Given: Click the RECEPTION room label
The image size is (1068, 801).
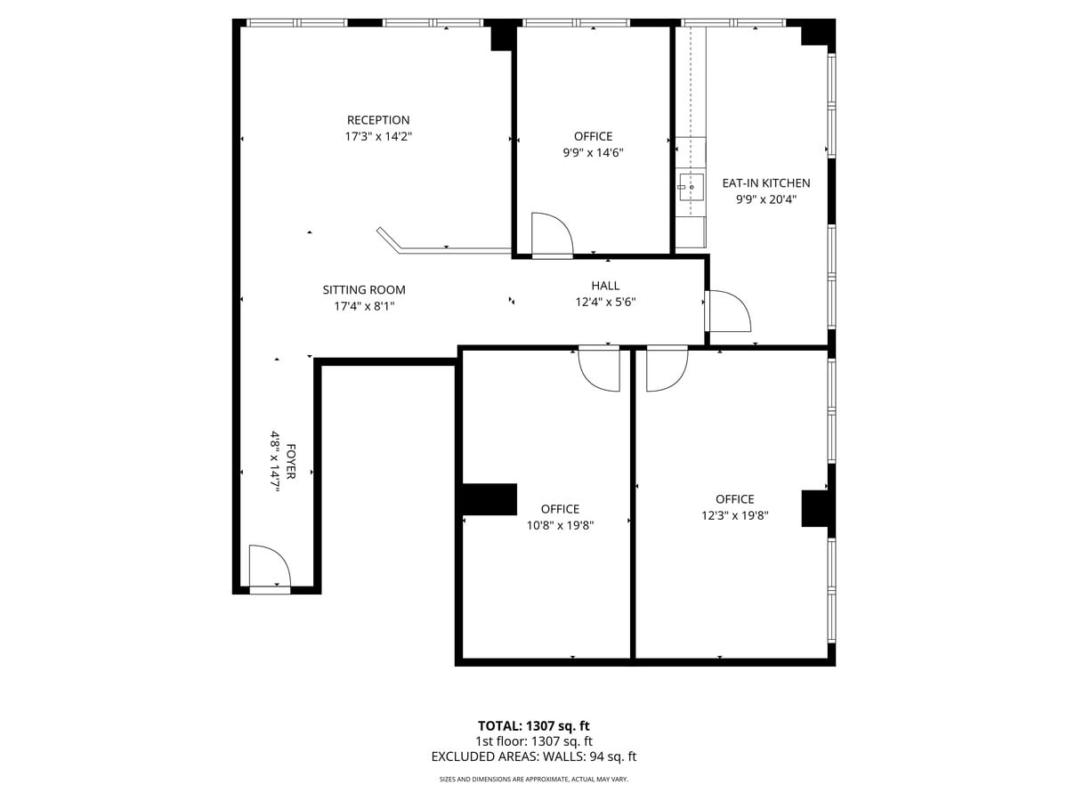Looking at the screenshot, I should (378, 120).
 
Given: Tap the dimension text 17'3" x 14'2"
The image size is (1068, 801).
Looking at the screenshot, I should (378, 137).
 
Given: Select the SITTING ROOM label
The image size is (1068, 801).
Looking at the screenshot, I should (364, 290).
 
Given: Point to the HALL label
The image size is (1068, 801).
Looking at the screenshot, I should (605, 286).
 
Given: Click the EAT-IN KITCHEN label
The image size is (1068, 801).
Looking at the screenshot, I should (765, 183).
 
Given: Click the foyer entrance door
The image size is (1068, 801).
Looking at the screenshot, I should (270, 570).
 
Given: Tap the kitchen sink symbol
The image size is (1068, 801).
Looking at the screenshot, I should (691, 187).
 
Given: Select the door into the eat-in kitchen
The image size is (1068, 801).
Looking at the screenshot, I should (727, 311).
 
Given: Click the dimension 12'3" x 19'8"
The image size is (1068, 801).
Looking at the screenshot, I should (734, 515).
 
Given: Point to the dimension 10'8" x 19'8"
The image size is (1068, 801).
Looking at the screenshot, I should (560, 525).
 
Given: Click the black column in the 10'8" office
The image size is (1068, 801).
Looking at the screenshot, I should (489, 499).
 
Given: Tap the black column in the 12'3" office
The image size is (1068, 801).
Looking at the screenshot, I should (815, 508).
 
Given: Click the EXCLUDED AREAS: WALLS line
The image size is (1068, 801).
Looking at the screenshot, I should (533, 756).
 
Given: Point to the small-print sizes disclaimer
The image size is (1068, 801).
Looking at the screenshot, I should (533, 780).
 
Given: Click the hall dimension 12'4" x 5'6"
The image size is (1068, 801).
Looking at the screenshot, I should (605, 302).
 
